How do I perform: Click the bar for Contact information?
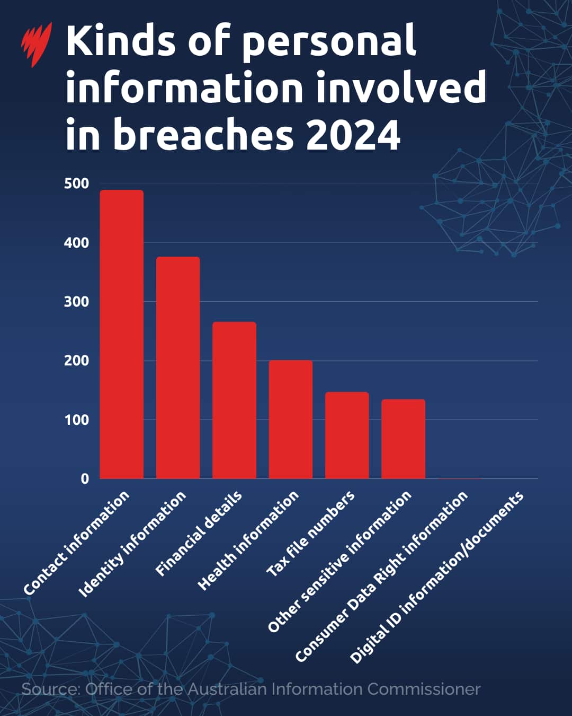(x=122, y=334)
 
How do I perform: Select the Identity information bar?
(x=178, y=368)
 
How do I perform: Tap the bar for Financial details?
(x=234, y=400)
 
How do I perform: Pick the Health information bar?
(x=291, y=420)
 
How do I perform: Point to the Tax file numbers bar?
(x=347, y=435)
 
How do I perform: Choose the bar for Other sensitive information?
(x=403, y=439)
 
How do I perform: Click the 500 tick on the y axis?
(x=76, y=184)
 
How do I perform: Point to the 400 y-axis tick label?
(x=76, y=243)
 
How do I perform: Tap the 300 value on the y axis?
(x=76, y=302)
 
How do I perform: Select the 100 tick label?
(x=76, y=420)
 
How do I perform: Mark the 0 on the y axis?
(x=85, y=479)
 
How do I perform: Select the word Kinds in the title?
(x=120, y=41)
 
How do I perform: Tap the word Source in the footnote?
(x=50, y=689)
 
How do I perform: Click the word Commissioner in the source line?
(x=424, y=689)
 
